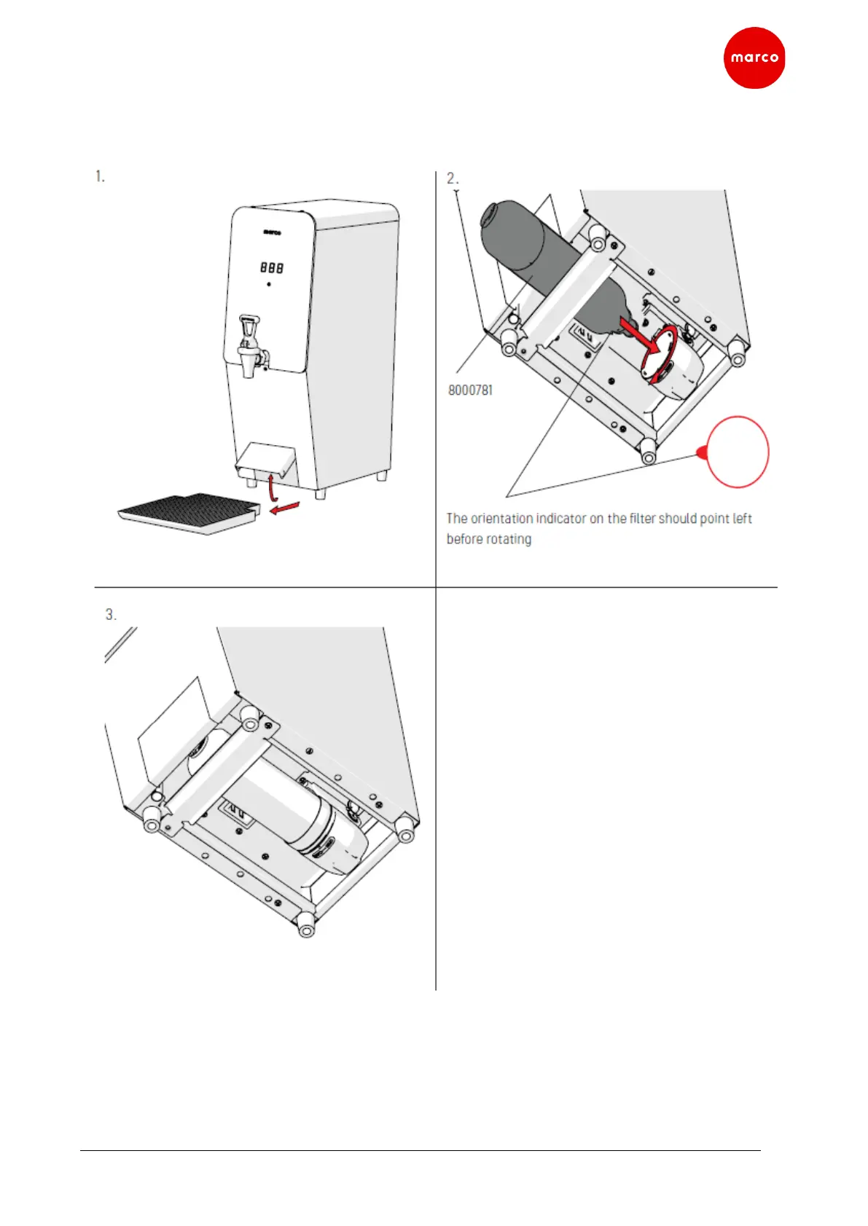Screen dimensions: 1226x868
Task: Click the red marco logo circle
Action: point(754,58)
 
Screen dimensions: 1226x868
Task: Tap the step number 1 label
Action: point(100,176)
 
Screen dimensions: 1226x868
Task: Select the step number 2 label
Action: point(452,178)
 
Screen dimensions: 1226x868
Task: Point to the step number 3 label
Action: point(111,615)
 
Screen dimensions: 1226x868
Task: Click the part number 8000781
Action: point(470,390)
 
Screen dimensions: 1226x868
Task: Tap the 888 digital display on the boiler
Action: point(272,267)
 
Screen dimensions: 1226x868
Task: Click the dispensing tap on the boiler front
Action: point(250,346)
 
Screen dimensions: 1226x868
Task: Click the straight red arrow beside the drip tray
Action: point(284,508)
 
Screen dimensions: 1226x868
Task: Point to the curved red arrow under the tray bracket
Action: point(272,488)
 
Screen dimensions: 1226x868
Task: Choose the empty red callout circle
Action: point(738,452)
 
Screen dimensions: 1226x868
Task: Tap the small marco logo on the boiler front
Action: point(272,233)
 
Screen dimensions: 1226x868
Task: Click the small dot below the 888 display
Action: point(269,284)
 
